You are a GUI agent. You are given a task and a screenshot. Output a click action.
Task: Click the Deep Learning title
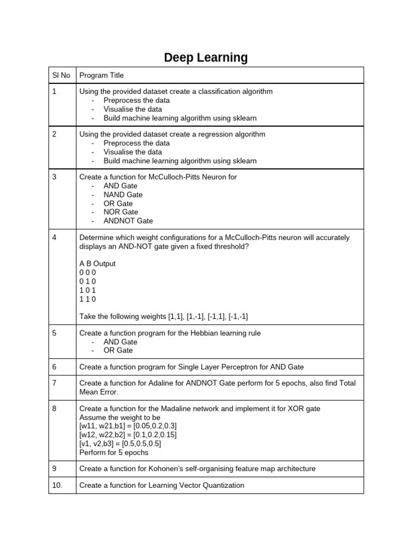[206, 57]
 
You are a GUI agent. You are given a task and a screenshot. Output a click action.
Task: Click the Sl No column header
[61, 76]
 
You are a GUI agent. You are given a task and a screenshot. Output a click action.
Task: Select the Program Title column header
[101, 76]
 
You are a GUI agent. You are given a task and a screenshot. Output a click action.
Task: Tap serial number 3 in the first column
[55, 177]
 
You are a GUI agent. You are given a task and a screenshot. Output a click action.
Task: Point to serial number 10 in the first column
[57, 485]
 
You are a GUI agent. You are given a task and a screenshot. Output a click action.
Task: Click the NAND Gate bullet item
[123, 194]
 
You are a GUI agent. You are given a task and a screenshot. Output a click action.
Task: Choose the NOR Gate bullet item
[121, 212]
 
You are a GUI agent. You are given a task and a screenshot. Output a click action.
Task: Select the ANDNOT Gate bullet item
[128, 221]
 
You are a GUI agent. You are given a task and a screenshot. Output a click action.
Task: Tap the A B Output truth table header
[97, 264]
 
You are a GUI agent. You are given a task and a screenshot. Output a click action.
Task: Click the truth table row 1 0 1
[87, 290]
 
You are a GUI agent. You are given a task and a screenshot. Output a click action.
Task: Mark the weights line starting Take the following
[164, 316]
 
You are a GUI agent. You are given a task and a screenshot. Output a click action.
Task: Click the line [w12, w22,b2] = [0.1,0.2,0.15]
[128, 435]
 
